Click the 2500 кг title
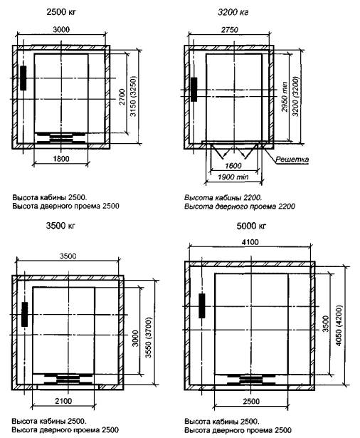click(61, 12)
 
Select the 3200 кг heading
click(233, 12)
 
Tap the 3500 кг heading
click(60, 226)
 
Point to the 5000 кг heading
click(251, 226)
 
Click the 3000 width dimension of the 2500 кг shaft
click(61, 29)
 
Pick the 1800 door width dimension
click(61, 159)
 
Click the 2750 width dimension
click(230, 30)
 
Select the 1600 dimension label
click(233, 166)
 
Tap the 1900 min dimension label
click(233, 177)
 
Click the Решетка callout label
click(292, 160)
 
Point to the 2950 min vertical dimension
click(285, 97)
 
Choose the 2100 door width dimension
click(63, 401)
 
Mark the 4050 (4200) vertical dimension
click(339, 325)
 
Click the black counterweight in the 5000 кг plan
click(202, 306)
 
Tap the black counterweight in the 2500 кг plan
click(23, 78)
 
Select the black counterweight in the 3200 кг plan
click(194, 90)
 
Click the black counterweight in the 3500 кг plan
click(25, 314)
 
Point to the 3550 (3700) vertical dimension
click(149, 338)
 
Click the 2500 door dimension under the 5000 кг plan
click(251, 402)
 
